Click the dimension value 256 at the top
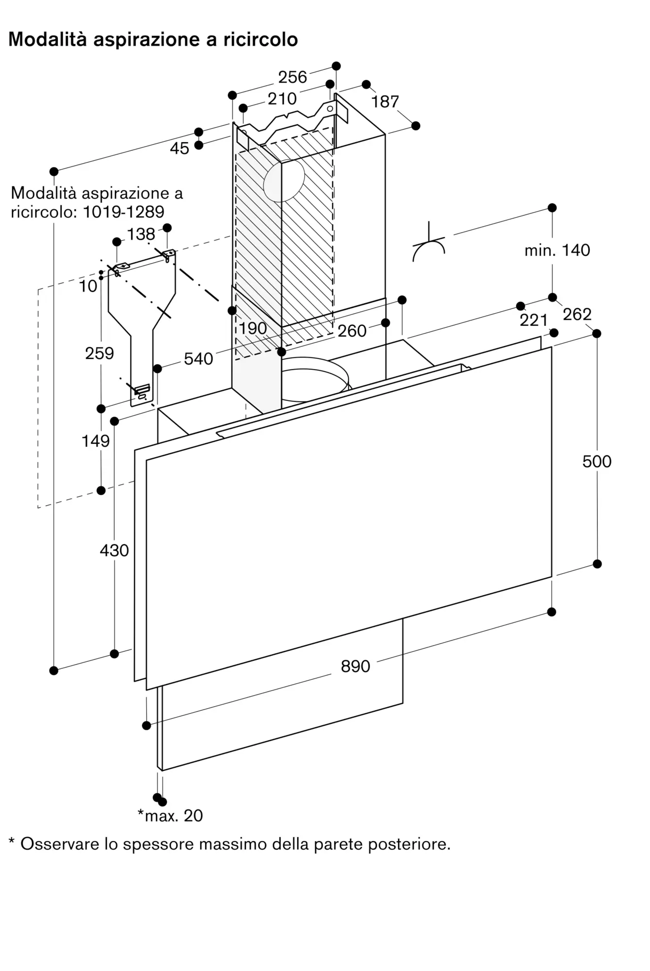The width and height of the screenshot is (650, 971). coord(292,77)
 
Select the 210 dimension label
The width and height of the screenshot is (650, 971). coord(282,99)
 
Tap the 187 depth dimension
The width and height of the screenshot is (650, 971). coord(385,102)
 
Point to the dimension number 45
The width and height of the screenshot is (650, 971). coord(179,149)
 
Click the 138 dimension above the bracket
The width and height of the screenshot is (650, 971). coord(141,234)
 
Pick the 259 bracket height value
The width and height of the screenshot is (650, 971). coord(99,353)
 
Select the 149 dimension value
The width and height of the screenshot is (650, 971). coord(96,441)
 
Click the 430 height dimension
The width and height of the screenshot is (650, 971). coord(114,551)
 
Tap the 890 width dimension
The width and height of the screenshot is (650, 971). coord(355,667)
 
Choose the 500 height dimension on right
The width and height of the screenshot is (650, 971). coord(597,462)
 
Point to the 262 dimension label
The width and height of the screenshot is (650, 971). coord(577,315)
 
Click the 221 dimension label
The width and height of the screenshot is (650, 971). coord(534,320)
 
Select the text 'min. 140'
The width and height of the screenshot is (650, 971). coord(557,251)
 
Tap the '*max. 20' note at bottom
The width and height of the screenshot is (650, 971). coord(170,816)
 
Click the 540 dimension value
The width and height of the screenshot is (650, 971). coord(198,359)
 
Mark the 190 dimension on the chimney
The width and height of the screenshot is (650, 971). coord(253,329)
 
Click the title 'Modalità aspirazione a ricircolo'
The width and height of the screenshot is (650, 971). coord(153,39)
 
